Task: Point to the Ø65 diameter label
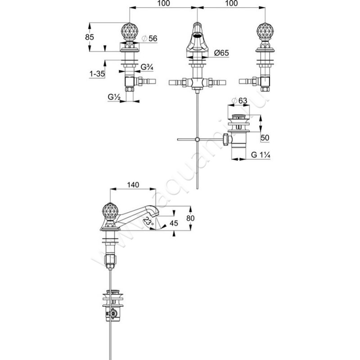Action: tap(221, 53)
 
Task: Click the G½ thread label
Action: tap(113, 97)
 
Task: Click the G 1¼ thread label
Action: tap(260, 156)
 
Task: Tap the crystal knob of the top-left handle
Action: tap(129, 32)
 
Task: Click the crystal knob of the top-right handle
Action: tap(263, 32)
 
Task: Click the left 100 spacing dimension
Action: tap(164, 4)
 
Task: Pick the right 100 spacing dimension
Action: tap(230, 4)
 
